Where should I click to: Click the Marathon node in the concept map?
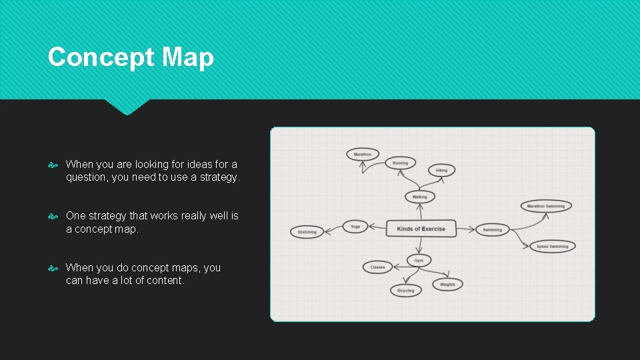click(x=363, y=154)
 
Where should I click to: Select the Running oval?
click(x=400, y=163)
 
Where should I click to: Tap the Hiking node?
click(x=441, y=170)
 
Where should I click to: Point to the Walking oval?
click(x=420, y=197)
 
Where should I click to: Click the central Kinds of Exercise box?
click(x=421, y=229)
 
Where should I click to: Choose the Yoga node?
click(x=355, y=227)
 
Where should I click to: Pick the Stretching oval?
click(x=307, y=232)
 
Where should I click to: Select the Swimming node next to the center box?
click(x=493, y=229)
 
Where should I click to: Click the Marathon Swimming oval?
click(x=546, y=206)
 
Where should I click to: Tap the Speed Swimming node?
click(x=553, y=246)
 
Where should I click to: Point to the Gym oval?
click(x=419, y=260)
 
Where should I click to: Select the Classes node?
click(x=378, y=267)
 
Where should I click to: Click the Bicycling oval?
click(x=405, y=290)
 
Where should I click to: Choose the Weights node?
click(x=447, y=285)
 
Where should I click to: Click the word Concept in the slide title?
click(x=93, y=57)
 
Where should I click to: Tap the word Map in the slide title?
click(x=188, y=57)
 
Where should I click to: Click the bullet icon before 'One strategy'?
click(x=55, y=216)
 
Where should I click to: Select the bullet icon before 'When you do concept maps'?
click(x=55, y=268)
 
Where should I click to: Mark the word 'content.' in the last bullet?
click(x=167, y=281)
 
